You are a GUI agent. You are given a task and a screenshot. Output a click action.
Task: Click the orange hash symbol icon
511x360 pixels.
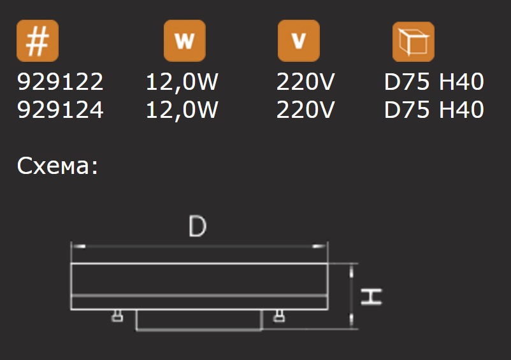(38, 42)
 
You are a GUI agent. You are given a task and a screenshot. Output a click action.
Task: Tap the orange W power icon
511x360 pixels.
(185, 42)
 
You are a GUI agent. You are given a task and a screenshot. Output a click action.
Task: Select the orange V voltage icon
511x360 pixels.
(298, 42)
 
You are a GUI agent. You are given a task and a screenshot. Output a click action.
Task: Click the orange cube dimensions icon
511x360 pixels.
(413, 42)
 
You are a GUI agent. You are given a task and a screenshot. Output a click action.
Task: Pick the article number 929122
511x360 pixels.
(60, 82)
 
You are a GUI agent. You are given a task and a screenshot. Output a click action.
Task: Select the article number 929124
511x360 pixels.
(60, 110)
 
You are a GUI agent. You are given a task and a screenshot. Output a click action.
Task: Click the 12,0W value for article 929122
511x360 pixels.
(182, 82)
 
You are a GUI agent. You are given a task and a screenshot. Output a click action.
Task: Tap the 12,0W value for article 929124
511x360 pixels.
(182, 110)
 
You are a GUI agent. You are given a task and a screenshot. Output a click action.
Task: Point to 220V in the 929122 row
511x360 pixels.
(306, 82)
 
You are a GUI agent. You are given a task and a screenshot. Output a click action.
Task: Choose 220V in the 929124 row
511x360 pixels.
(306, 110)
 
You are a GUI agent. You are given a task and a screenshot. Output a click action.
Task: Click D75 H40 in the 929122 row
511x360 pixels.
(434, 82)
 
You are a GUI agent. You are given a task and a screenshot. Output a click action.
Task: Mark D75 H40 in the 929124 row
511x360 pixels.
(434, 110)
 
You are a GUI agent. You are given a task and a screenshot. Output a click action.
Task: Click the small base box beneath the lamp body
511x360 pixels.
(199, 320)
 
